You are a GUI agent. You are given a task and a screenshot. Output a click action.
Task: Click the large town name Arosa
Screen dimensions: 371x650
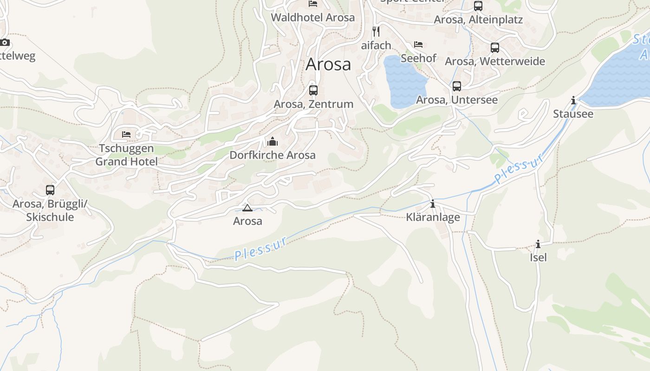[328, 64]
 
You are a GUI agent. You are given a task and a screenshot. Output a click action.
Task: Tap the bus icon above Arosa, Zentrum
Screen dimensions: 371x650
[313, 90]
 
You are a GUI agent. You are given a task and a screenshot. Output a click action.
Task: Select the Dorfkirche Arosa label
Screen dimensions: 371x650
[273, 155]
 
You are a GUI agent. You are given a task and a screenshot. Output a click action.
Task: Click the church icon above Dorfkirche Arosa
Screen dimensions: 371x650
[273, 141]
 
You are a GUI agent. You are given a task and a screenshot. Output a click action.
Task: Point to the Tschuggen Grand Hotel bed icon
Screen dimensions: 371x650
[126, 134]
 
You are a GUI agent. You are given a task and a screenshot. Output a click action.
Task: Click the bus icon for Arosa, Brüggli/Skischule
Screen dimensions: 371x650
[50, 190]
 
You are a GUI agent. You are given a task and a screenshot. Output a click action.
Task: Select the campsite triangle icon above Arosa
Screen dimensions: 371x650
[247, 208]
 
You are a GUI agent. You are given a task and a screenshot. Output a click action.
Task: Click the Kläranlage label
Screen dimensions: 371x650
[433, 217]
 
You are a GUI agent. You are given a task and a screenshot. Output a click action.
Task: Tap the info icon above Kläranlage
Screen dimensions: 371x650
[433, 204]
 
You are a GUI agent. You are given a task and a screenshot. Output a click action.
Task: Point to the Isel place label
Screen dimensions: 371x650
[538, 257]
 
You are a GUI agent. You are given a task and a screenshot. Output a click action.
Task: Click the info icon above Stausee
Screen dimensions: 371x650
[573, 100]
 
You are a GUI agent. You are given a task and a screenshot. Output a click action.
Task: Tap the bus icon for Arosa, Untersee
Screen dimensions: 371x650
[457, 86]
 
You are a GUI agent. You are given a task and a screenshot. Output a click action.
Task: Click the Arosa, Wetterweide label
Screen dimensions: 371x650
[495, 61]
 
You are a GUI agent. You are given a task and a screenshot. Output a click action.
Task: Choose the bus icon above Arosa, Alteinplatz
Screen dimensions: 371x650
[478, 6]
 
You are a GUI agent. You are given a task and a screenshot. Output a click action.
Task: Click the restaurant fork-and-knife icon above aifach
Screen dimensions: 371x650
[376, 31]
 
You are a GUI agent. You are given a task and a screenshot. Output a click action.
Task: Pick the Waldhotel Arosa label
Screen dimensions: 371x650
[313, 18]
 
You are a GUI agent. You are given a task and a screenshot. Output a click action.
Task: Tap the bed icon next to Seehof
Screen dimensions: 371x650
[418, 45]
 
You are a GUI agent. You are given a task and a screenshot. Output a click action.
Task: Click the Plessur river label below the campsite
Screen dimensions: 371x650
[261, 248]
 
